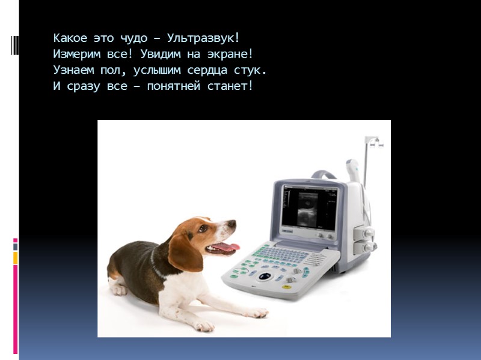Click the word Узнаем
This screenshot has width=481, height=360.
[x=72, y=70]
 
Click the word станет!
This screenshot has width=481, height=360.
[x=231, y=86]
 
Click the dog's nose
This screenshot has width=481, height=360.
[x=232, y=224]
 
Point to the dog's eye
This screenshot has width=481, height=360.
[x=203, y=229]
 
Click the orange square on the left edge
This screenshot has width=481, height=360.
[x=16, y=257]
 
